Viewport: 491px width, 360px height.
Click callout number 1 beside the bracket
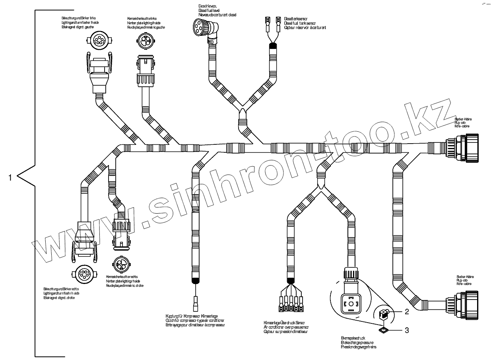point(10,177)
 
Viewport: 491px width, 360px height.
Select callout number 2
point(406,311)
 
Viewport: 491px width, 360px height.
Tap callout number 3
point(406,330)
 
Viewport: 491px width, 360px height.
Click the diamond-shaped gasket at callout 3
point(383,329)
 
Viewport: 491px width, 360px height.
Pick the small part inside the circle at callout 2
point(383,314)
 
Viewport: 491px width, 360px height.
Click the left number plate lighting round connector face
point(145,41)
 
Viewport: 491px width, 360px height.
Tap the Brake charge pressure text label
point(358,342)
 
